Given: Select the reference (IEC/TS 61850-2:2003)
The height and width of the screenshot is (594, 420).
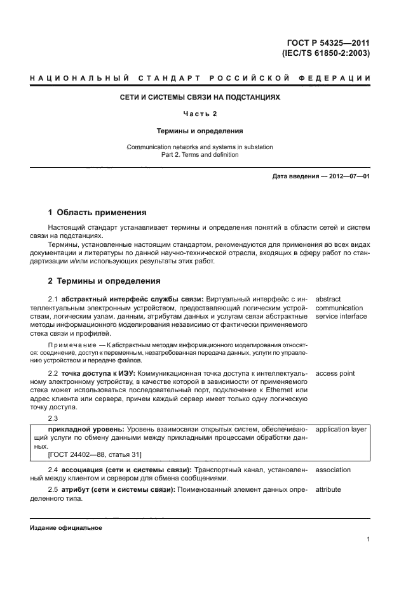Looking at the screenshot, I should [x=327, y=53].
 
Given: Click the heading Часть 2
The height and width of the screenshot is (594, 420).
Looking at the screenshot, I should [x=200, y=114].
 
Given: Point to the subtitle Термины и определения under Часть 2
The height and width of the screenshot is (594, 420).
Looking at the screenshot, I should [x=200, y=131].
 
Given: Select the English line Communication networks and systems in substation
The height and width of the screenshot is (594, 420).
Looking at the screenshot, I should [x=200, y=147].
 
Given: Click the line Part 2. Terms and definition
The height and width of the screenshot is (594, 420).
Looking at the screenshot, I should [x=200, y=154].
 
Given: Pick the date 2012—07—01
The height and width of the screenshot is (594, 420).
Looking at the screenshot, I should [x=348, y=176].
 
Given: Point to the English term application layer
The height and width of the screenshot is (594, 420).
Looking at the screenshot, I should [x=341, y=429].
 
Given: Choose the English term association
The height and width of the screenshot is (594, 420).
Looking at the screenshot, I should [x=333, y=470].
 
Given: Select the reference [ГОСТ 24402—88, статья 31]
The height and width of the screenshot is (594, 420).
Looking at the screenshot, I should [x=95, y=454].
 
